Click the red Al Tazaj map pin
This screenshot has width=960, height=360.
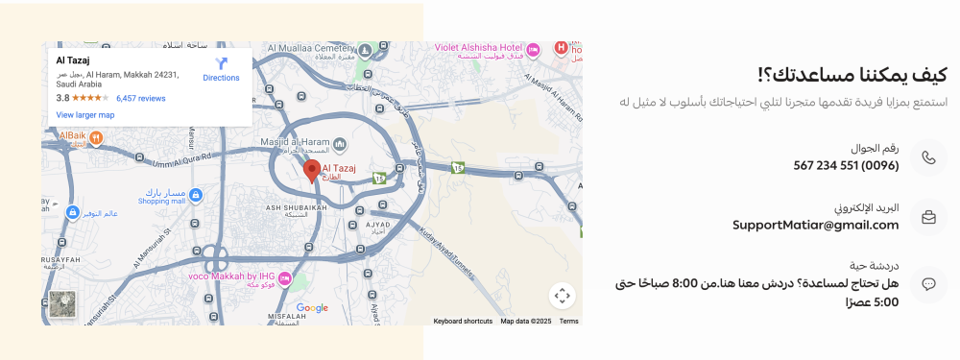[x=311, y=172]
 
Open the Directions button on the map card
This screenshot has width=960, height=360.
[x=221, y=68]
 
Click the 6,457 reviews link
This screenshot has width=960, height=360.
[x=141, y=98]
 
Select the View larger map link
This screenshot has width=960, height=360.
[x=85, y=115]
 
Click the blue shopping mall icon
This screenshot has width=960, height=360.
[x=196, y=195]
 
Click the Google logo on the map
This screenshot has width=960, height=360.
[x=312, y=308]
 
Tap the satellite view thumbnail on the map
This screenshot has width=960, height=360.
[x=62, y=303]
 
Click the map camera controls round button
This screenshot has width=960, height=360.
[x=563, y=296]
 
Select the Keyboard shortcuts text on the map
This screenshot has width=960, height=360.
[x=463, y=321]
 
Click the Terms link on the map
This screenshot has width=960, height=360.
[x=568, y=321]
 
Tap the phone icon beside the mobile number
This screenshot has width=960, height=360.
[x=928, y=157]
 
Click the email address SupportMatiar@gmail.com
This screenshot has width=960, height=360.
[x=815, y=225]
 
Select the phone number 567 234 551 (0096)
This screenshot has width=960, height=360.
[x=846, y=165]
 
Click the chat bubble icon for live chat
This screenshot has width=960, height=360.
[x=928, y=284]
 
